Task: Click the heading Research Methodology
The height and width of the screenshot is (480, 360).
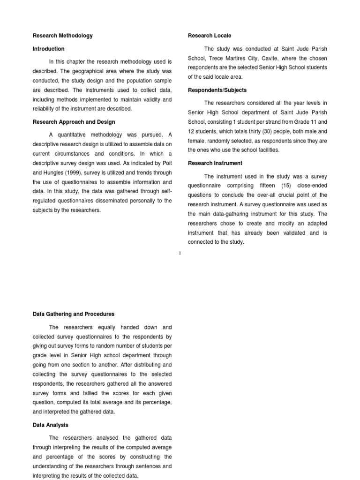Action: point(62,36)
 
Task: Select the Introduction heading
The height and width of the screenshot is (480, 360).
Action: point(48,49)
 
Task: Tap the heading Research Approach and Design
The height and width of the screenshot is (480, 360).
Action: point(74,122)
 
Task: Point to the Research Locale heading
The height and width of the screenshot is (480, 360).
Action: point(210,36)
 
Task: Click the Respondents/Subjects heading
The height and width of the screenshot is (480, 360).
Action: point(217,90)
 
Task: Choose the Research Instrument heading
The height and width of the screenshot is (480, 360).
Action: point(215,163)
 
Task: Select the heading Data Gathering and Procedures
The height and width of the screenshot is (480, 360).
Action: point(73,314)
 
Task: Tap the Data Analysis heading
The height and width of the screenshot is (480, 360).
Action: point(50,425)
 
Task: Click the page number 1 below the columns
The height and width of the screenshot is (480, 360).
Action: point(180,254)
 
